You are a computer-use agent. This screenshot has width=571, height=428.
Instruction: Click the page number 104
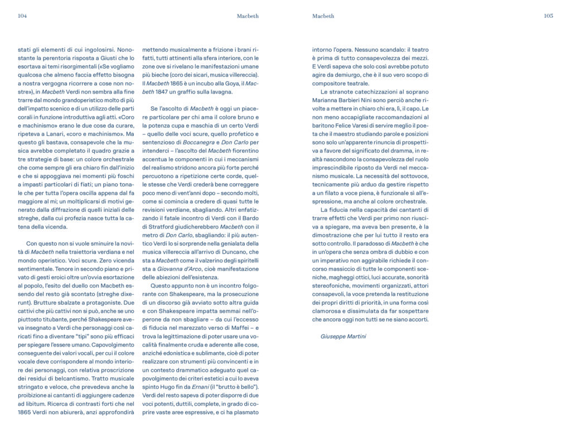point(22,16)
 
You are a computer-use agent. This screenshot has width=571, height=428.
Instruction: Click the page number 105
point(548,16)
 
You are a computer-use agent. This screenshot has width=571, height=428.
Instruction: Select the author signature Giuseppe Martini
point(343,337)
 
